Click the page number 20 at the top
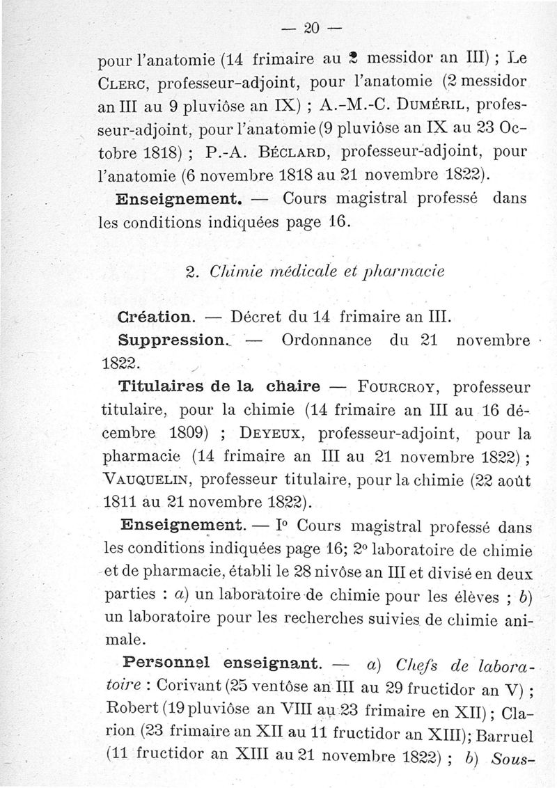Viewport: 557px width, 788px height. coord(311,28)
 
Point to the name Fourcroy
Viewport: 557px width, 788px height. coord(393,386)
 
